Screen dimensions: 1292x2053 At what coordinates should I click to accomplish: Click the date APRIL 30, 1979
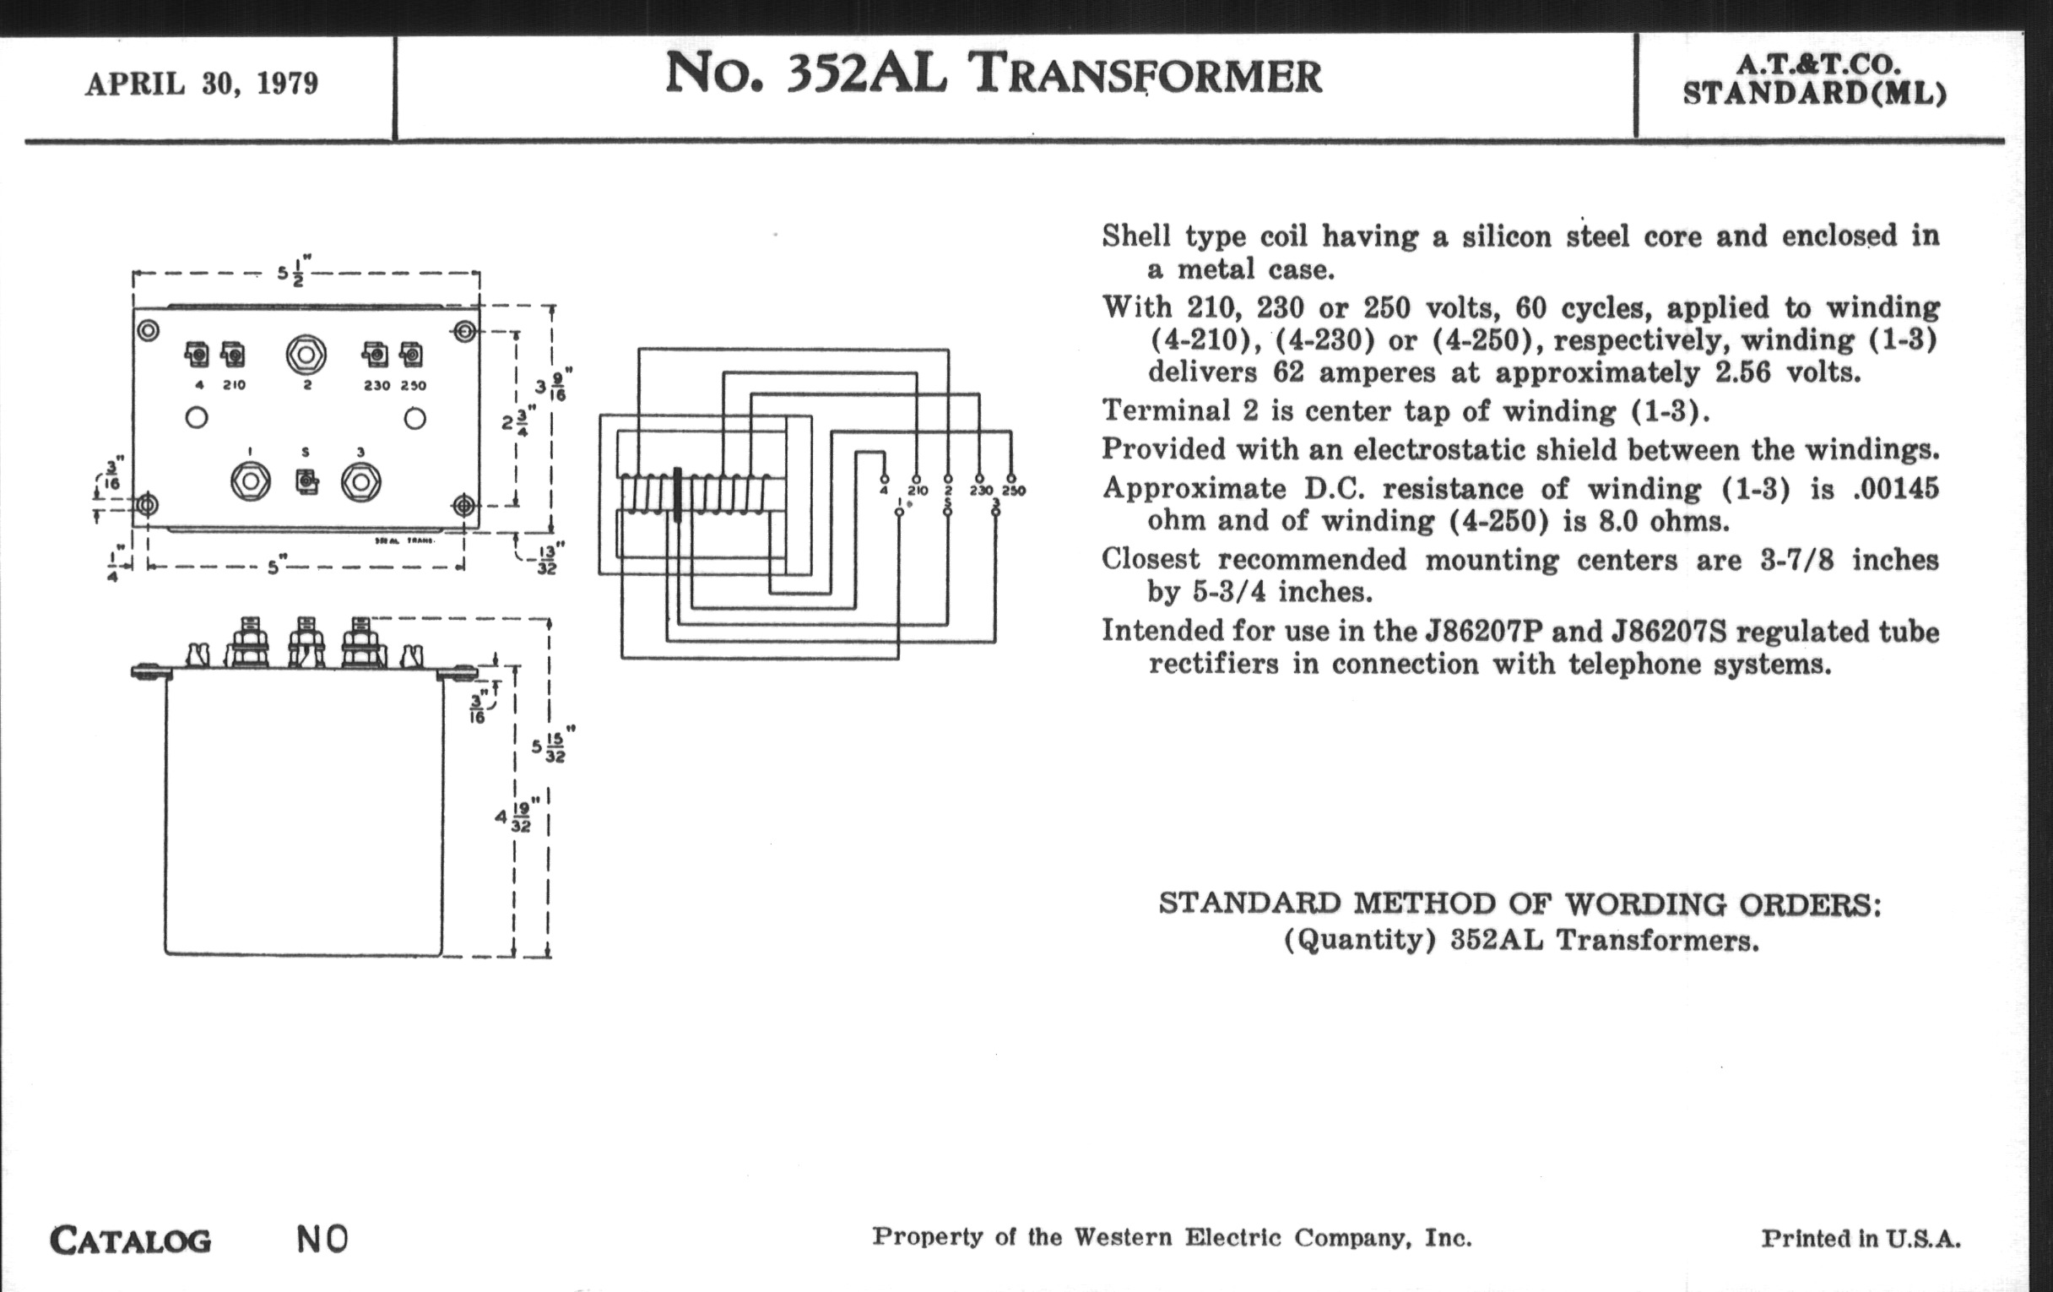(201, 84)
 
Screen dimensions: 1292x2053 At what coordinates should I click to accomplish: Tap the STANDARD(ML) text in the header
(1815, 93)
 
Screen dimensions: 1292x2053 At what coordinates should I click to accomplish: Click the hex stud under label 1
(251, 482)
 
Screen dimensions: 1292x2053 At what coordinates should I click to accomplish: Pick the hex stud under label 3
(360, 482)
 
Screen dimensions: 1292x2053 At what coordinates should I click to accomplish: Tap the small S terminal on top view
(307, 482)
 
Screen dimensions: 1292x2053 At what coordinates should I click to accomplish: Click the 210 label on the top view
(235, 385)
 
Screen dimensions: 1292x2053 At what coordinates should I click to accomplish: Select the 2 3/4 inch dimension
(518, 420)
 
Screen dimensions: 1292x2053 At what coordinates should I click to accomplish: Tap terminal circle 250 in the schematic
(1011, 479)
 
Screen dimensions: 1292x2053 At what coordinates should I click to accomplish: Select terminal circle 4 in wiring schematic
(884, 479)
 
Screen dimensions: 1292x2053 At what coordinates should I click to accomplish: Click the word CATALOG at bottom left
(131, 1240)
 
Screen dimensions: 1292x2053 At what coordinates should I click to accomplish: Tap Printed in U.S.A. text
(1861, 1239)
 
